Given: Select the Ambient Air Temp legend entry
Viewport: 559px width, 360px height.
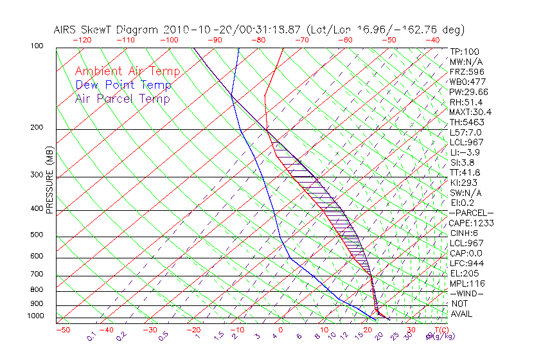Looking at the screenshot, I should click(x=127, y=71).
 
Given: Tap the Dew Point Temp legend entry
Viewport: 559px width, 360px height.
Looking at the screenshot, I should click(x=123, y=85).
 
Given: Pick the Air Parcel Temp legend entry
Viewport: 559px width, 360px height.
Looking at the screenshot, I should click(x=122, y=98).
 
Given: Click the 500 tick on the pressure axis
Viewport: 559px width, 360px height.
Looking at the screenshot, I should click(x=36, y=235).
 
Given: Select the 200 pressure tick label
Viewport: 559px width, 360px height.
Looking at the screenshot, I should click(x=36, y=128).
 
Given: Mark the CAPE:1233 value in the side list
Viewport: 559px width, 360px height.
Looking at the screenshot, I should click(x=471, y=222).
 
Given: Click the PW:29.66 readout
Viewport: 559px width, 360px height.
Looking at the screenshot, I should click(x=469, y=92).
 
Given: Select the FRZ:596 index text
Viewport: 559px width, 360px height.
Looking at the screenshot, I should click(x=467, y=71).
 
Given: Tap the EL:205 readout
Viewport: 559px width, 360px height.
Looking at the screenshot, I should click(x=465, y=273).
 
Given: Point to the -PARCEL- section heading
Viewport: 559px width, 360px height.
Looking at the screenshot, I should click(x=471, y=213).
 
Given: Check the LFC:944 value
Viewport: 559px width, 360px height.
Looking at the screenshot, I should click(x=466, y=263).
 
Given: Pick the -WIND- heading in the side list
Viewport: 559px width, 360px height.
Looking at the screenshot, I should click(x=467, y=293).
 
